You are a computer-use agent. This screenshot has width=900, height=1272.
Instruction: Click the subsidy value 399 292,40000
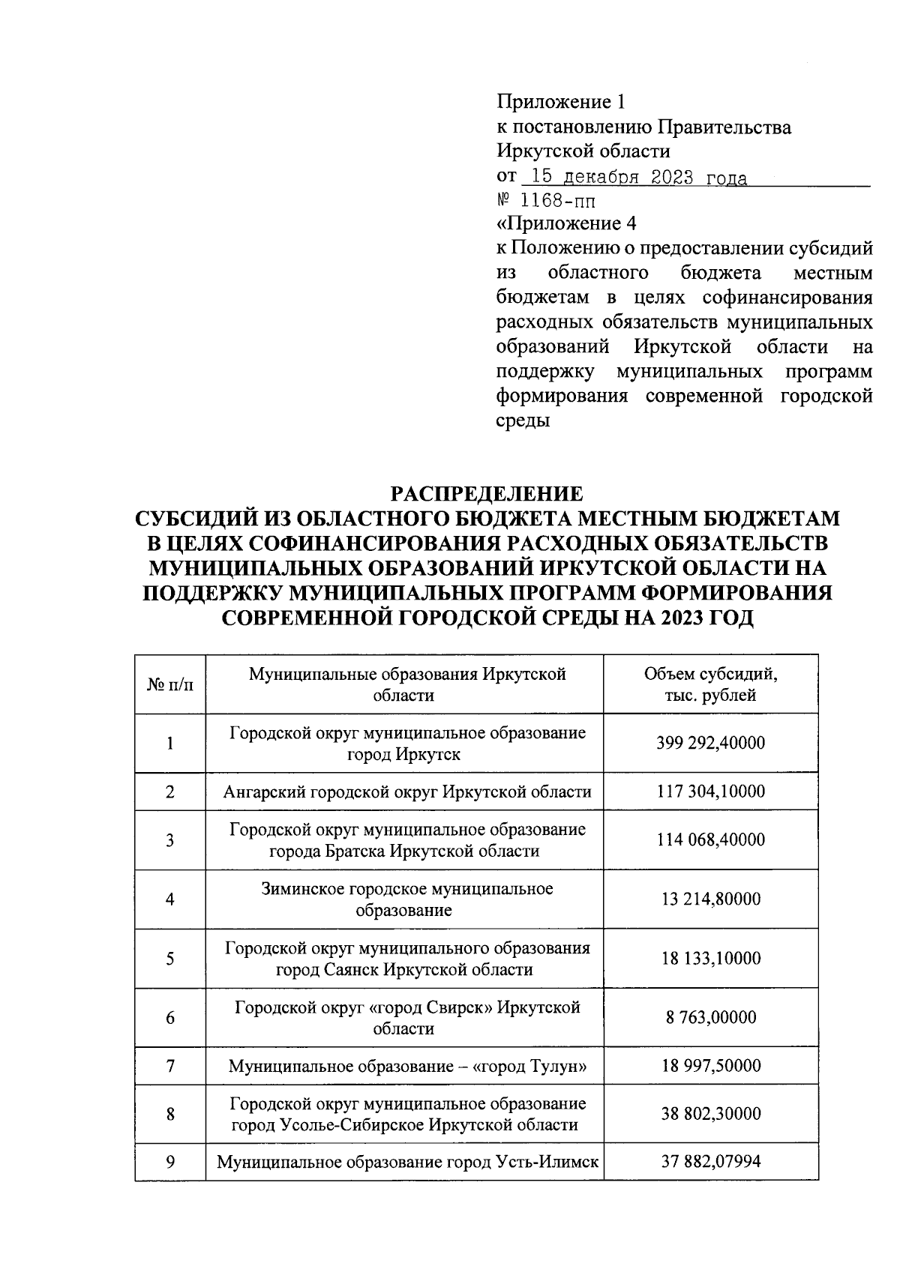710,743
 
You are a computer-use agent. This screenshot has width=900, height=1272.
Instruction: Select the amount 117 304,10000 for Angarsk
710,792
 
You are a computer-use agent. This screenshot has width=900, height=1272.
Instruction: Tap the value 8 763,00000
710,1017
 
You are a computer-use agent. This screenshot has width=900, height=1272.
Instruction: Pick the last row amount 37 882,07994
710,1162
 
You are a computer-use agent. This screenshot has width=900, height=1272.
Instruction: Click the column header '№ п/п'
170,684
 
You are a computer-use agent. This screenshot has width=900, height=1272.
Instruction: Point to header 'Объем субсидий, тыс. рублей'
710,684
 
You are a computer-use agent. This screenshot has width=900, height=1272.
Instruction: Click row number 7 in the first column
170,1065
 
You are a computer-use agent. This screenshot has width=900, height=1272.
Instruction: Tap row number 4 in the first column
170,899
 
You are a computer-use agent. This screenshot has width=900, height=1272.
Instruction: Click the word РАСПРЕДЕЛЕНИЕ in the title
487,494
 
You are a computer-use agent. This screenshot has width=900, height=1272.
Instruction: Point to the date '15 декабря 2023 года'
637,178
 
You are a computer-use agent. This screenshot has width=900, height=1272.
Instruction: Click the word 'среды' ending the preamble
523,421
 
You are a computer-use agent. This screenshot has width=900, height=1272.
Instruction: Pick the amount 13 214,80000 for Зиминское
710,899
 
